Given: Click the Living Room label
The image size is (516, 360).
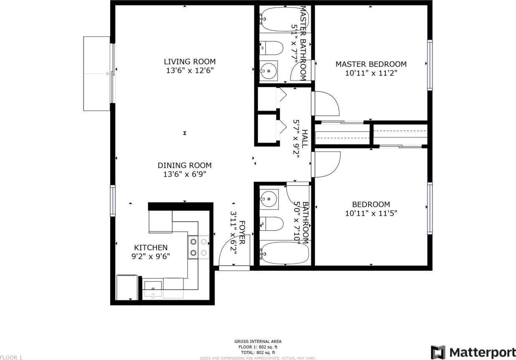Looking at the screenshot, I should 190,62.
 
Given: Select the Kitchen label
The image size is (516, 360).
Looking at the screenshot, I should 151,247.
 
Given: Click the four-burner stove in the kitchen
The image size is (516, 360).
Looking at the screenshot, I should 198,247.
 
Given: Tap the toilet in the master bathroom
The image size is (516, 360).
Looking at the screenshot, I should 271,48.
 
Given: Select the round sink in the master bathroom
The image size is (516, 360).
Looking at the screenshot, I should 270,71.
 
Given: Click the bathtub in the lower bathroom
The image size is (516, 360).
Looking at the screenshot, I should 284,252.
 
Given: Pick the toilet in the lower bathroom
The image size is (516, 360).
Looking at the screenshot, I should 271,224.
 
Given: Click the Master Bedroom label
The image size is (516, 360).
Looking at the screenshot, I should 371,64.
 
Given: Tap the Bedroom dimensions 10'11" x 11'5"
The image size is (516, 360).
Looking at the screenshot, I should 371,213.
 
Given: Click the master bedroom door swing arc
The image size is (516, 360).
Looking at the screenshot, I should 328,103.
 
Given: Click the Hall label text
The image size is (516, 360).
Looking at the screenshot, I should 305,138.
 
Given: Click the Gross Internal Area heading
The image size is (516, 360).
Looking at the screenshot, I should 258,341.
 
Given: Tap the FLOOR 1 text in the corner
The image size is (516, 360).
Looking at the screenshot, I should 11,357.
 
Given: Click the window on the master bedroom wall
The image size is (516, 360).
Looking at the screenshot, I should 430,65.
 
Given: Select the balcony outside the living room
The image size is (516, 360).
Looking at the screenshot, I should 96,73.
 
